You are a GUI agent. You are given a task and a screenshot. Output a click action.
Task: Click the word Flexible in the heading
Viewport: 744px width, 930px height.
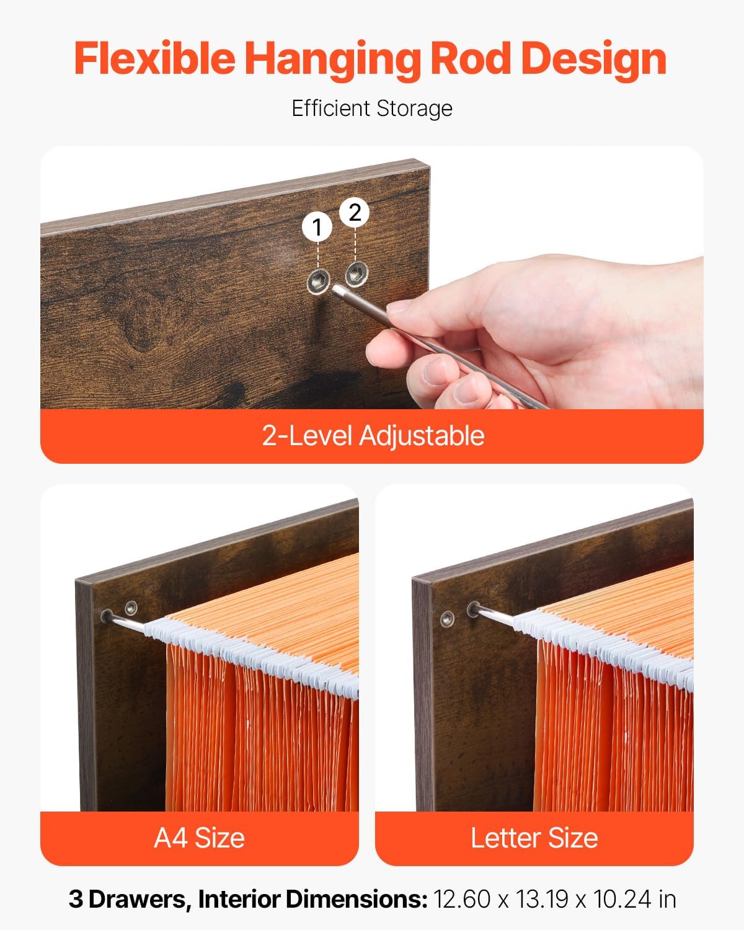(154, 58)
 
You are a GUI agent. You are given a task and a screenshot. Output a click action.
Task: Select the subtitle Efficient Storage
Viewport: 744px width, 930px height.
(372, 108)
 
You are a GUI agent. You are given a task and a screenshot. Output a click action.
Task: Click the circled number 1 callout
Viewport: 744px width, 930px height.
(317, 228)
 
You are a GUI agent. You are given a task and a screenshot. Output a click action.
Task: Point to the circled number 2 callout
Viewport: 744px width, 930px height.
(355, 213)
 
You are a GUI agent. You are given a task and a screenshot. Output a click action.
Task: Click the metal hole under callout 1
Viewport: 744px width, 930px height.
(317, 281)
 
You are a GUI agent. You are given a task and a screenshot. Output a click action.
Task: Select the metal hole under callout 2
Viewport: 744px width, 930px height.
(356, 271)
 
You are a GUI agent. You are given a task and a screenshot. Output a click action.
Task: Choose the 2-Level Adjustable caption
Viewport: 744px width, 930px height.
(373, 435)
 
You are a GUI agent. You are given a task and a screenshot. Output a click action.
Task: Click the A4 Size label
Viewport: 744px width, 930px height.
(199, 838)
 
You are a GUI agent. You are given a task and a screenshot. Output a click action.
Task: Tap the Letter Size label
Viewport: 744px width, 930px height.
(534, 838)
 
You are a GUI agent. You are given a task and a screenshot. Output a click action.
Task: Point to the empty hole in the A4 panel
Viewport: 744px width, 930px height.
(131, 607)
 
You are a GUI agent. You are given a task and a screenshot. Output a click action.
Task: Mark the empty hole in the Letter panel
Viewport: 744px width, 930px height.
(446, 619)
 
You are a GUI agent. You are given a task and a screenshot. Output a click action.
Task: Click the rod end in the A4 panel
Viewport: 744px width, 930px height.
(107, 616)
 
